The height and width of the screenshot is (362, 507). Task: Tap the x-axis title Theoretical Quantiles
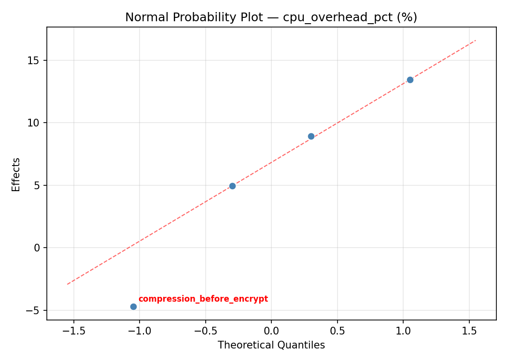pyautogui.click(x=271, y=345)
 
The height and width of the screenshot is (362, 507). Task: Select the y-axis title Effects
pyautogui.click(x=16, y=174)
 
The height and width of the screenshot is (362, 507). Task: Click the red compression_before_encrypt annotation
pyautogui.click(x=203, y=299)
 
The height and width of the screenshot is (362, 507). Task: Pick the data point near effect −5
pyautogui.click(x=133, y=306)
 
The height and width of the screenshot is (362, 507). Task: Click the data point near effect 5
pyautogui.click(x=232, y=186)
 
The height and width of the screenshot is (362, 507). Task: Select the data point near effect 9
pyautogui.click(x=311, y=136)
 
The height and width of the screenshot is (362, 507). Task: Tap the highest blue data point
pyautogui.click(x=410, y=80)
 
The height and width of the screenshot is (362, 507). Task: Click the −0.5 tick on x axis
pyautogui.click(x=205, y=331)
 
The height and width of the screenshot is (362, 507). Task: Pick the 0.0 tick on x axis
pyautogui.click(x=271, y=331)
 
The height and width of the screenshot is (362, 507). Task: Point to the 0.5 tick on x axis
pyautogui.click(x=337, y=331)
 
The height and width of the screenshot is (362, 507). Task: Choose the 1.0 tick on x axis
pyautogui.click(x=403, y=331)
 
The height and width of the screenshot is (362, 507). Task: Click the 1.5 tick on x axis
pyautogui.click(x=469, y=331)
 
